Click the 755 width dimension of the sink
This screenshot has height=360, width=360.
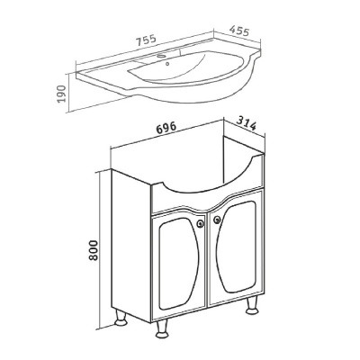pos(147,40)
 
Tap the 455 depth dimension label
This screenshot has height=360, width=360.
pos(239,31)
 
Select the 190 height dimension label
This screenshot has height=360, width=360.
pos(61,94)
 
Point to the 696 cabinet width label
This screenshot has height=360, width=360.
pos(166,127)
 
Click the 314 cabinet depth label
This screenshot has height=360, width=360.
pos(247,123)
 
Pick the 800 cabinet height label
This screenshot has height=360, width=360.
pos(94,250)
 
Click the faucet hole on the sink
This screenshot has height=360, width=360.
pos(161,56)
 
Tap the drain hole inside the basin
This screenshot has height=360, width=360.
pos(167,63)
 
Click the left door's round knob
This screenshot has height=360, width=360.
pos(201,223)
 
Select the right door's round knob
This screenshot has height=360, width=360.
pos(217,220)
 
